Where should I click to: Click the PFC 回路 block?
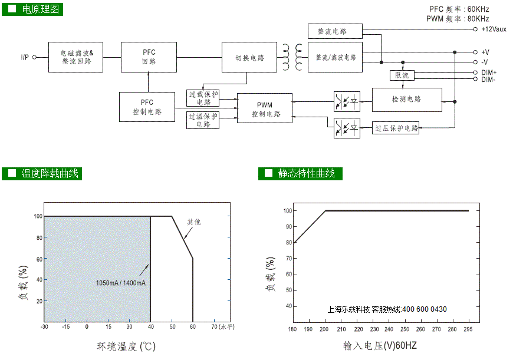pyautogui.click(x=149, y=57)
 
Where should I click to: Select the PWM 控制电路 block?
pyautogui.click(x=265, y=108)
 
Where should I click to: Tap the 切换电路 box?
pyautogui.click(x=249, y=57)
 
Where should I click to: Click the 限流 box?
pyautogui.click(x=402, y=75)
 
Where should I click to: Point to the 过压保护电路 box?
pyautogui.click(x=396, y=128)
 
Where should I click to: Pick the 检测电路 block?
pyautogui.click(x=407, y=100)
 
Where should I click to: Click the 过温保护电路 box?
pyautogui.click(x=203, y=120)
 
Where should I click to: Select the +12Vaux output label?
pyautogui.click(x=494, y=29)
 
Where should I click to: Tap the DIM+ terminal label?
pyautogui.click(x=489, y=72)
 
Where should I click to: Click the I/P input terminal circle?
pyautogui.click(x=34, y=57)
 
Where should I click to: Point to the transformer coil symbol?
pyautogui.click(x=292, y=57)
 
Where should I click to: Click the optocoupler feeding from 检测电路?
pyautogui.click(x=347, y=102)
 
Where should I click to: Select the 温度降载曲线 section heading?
pyautogui.click(x=42, y=174)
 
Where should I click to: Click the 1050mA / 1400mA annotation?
pyautogui.click(x=121, y=283)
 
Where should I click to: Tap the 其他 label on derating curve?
pyautogui.click(x=193, y=222)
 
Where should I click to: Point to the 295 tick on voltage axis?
pyautogui.click(x=468, y=329)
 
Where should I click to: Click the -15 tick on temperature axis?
pyautogui.click(x=66, y=326)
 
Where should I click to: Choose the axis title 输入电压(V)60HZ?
pyautogui.click(x=380, y=346)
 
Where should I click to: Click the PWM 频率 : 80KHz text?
pyautogui.click(x=458, y=19)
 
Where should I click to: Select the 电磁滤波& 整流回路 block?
pyautogui.click(x=75, y=57)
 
